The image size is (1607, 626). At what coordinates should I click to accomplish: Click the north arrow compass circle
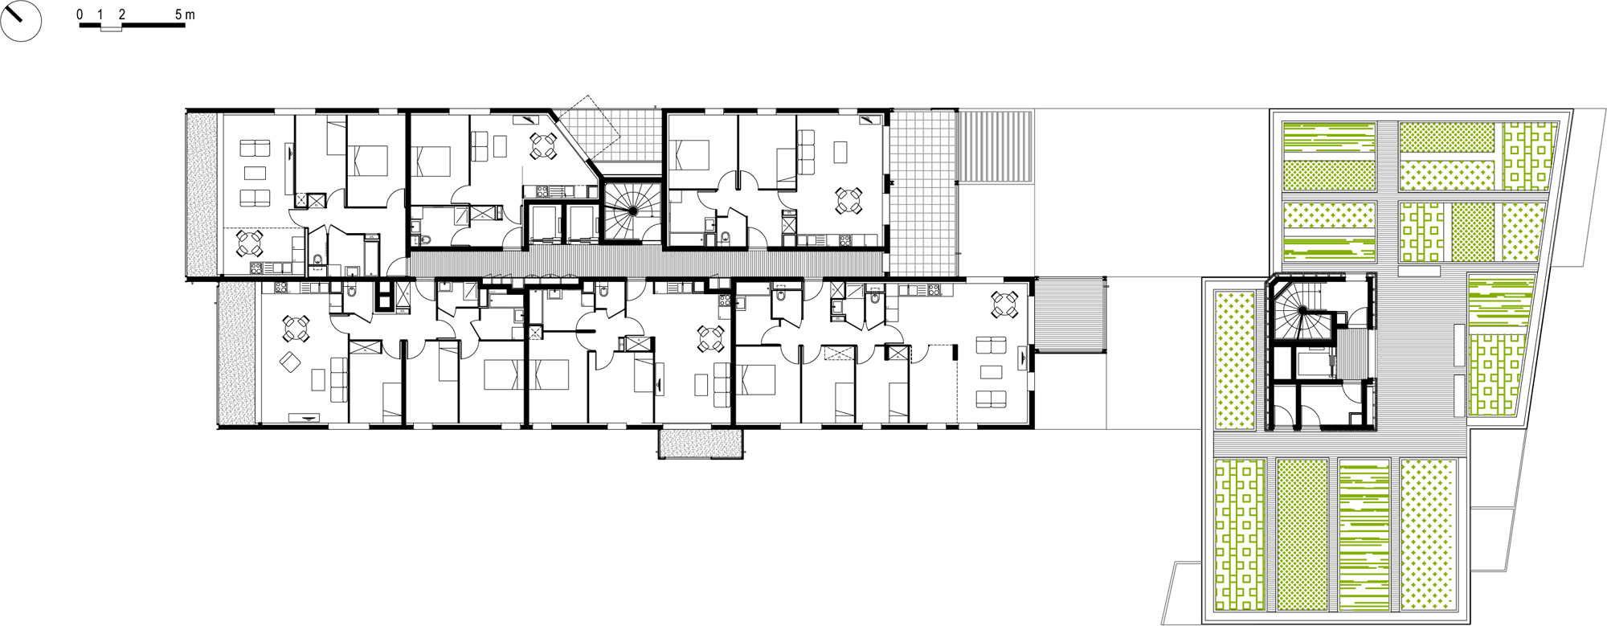point(21,21)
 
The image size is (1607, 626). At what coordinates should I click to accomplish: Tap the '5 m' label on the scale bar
point(185,14)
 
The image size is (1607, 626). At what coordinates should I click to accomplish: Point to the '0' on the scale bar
point(80,14)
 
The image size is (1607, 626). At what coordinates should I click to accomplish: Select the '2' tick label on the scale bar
point(121,14)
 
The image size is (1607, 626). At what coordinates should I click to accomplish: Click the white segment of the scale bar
point(111,27)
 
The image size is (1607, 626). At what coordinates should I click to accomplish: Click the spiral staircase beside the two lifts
point(632,211)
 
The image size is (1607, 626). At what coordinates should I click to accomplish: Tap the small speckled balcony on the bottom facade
point(701,443)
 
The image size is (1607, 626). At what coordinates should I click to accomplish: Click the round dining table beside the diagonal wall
point(542,145)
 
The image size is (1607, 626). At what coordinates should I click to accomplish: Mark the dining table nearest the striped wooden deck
point(1004,304)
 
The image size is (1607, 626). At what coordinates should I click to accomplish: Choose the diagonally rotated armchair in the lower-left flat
point(290,362)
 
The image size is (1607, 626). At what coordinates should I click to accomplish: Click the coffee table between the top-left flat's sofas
point(255,173)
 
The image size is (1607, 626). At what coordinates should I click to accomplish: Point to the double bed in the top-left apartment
point(367,160)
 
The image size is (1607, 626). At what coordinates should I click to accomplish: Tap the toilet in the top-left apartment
point(317,260)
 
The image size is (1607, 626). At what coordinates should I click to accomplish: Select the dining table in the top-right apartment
point(848,200)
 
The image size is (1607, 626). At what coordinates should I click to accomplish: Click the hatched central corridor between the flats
point(643,263)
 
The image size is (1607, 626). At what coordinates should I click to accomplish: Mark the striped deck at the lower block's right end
point(1069,315)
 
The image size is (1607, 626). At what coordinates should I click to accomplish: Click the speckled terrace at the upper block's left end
point(202,193)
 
